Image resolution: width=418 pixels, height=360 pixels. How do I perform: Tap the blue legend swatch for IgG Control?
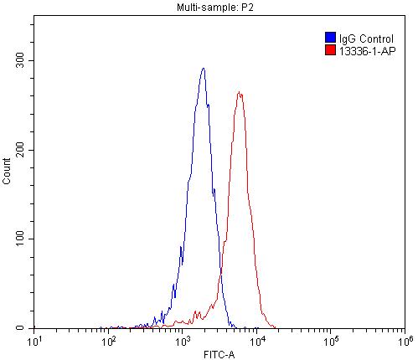[x=330, y=38]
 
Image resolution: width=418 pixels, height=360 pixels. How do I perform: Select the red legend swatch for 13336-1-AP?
[x=330, y=50]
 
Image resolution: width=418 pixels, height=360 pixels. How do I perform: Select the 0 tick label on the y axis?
[x=25, y=328]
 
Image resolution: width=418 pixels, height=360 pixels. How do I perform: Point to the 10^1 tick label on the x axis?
[x=35, y=341]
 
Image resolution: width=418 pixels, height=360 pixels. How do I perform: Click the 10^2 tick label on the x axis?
[x=109, y=341]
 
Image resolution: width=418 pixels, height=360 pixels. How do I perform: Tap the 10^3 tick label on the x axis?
[x=183, y=341]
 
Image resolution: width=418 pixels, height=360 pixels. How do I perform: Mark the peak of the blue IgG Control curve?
[x=204, y=69]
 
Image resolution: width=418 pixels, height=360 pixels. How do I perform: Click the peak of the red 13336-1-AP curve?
[x=240, y=92]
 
